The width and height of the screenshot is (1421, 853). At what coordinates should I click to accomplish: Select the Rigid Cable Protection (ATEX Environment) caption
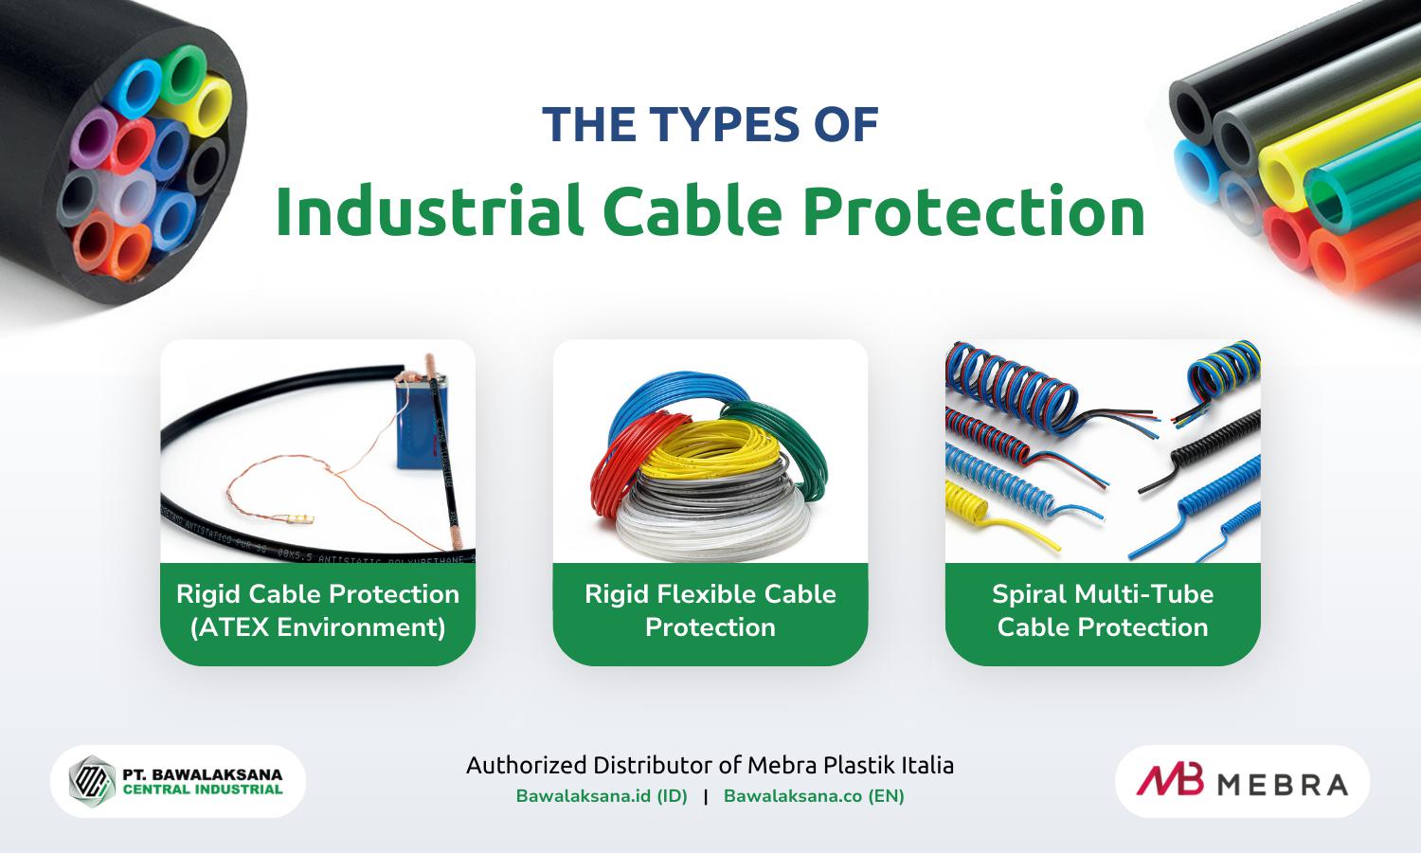(317, 610)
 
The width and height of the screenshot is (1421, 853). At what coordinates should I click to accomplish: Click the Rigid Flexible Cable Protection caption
(710, 610)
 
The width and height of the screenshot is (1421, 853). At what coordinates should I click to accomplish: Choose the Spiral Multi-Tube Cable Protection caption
(1103, 610)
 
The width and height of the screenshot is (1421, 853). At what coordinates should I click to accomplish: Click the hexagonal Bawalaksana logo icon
(92, 781)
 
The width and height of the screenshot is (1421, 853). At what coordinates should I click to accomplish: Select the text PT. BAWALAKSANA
(202, 773)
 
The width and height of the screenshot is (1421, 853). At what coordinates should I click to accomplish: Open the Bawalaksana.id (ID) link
(602, 796)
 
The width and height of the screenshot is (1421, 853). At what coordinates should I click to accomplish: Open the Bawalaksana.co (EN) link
(814, 796)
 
